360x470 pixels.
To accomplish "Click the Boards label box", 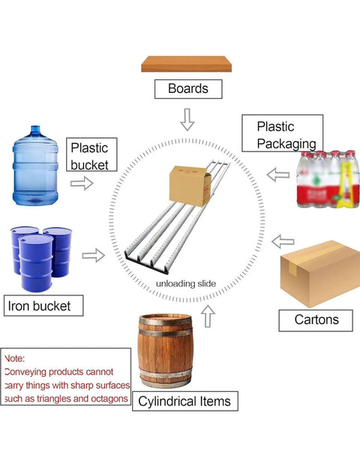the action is tap(188, 89).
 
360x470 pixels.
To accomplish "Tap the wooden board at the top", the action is tap(186, 64).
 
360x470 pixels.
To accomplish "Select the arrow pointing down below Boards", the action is tap(187, 120).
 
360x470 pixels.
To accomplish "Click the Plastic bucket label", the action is tap(91, 154).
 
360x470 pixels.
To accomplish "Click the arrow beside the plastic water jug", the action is tap(82, 183).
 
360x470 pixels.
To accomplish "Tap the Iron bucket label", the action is tap(43, 306).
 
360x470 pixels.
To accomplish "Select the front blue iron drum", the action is tap(36, 263).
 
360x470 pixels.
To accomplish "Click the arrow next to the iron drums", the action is tap(94, 256).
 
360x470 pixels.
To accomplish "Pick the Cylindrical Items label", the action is tap(185, 401).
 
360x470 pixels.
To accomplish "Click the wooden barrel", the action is tap(165, 351).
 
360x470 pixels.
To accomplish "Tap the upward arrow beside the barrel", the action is tap(208, 316).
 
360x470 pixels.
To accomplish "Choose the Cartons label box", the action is tap(316, 320).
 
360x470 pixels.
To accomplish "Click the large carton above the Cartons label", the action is tap(320, 274).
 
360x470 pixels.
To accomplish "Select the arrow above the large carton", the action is tap(283, 241).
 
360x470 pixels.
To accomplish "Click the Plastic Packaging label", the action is tap(283, 133).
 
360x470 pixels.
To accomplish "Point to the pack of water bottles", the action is tap(328, 179).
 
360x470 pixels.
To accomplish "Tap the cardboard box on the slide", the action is tap(190, 186).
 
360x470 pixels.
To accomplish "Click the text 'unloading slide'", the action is tap(186, 283).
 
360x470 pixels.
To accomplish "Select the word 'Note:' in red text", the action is tap(15, 358).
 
